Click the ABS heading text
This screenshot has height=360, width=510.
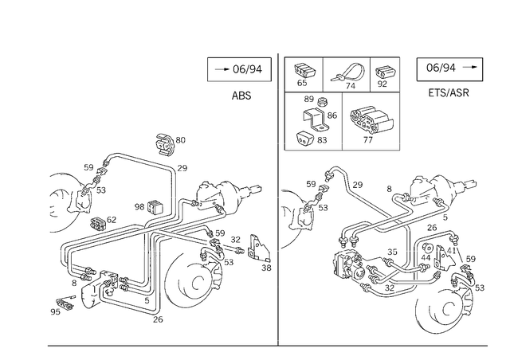pyautogui.click(x=241, y=96)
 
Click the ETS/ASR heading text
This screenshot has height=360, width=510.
pyautogui.click(x=449, y=92)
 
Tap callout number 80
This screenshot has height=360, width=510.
pyautogui.click(x=181, y=140)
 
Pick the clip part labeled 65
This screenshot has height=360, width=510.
pyautogui.click(x=304, y=71)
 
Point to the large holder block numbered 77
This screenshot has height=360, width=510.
pyautogui.click(x=371, y=120)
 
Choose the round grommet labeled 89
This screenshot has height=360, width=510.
pyautogui.click(x=322, y=101)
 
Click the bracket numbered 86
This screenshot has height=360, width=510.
pyautogui.click(x=314, y=119)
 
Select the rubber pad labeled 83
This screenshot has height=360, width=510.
pyautogui.click(x=304, y=139)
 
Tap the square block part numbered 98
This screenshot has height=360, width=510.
pyautogui.click(x=155, y=207)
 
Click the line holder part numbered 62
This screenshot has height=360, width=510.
pyautogui.click(x=98, y=224)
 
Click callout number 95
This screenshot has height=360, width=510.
pyautogui.click(x=55, y=312)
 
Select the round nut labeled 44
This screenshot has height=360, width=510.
pyautogui.click(x=427, y=248)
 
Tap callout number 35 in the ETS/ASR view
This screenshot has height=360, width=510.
pyautogui.click(x=392, y=252)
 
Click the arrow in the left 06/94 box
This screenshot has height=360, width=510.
pyautogui.click(x=222, y=69)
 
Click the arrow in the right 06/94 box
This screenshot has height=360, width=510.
pyautogui.click(x=470, y=67)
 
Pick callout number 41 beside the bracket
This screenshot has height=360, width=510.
pyautogui.click(x=451, y=250)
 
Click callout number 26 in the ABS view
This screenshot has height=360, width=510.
pyautogui.click(x=158, y=319)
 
